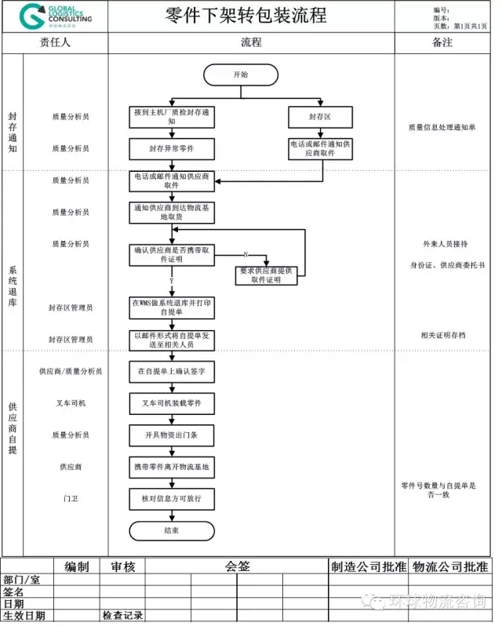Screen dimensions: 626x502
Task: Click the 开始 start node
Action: click(x=241, y=75)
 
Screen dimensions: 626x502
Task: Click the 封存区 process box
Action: click(x=320, y=117)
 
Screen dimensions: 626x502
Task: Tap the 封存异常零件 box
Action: click(x=172, y=148)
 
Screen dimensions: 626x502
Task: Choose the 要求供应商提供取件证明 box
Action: click(x=268, y=275)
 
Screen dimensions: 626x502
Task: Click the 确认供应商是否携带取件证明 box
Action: click(x=172, y=255)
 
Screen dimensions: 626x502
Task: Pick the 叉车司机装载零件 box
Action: click(x=172, y=402)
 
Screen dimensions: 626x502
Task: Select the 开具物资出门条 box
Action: click(x=172, y=435)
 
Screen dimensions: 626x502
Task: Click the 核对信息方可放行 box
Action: click(x=172, y=498)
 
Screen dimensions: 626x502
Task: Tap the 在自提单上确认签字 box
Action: click(x=172, y=371)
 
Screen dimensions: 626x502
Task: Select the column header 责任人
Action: click(x=55, y=42)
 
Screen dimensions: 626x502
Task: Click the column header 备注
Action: click(x=442, y=42)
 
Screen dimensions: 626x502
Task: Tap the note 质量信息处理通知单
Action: click(x=442, y=127)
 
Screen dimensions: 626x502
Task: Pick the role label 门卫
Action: click(x=71, y=498)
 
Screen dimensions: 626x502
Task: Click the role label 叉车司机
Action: click(x=71, y=402)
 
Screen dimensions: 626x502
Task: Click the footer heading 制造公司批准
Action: click(x=369, y=566)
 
